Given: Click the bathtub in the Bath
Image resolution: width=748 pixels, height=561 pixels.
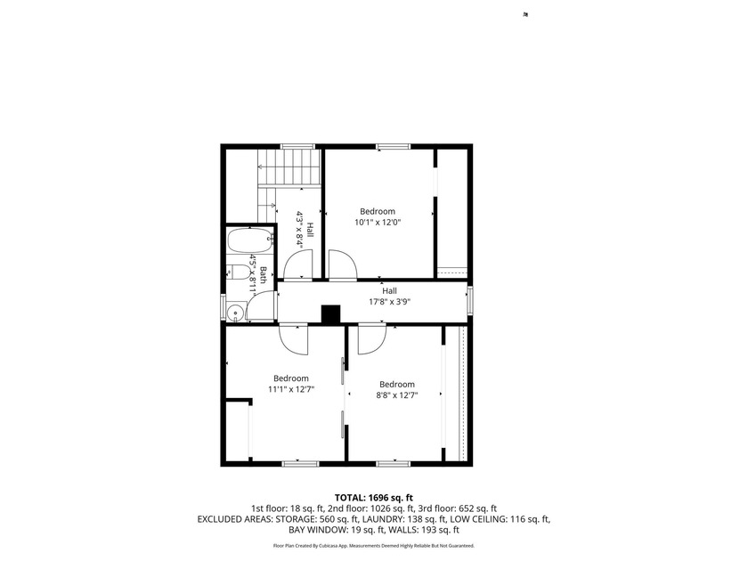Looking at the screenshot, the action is pyautogui.click(x=250, y=240).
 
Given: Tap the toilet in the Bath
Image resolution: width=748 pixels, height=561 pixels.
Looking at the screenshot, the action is pyautogui.click(x=238, y=272).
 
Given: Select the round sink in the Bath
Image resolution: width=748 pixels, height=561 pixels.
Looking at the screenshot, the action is pyautogui.click(x=235, y=313).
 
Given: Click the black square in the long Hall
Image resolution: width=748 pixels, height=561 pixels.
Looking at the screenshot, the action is pyautogui.click(x=330, y=315).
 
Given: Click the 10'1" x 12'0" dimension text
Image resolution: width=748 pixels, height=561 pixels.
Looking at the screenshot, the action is pyautogui.click(x=378, y=223).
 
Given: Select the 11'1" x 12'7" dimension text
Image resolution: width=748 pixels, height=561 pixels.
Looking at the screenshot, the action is pyautogui.click(x=291, y=389).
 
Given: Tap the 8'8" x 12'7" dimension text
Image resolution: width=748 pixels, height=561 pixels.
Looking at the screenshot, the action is pyautogui.click(x=397, y=395).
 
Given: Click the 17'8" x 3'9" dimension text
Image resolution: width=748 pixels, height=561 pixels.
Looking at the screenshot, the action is pyautogui.click(x=390, y=302).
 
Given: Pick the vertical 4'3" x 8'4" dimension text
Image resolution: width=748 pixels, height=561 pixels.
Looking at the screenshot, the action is pyautogui.click(x=300, y=229).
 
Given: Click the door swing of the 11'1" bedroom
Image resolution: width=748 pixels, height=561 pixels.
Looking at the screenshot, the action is pyautogui.click(x=294, y=339).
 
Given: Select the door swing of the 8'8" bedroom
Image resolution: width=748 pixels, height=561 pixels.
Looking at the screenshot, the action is pyautogui.click(x=371, y=339).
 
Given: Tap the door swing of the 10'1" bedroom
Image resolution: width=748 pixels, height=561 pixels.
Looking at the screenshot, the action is pyautogui.click(x=342, y=264).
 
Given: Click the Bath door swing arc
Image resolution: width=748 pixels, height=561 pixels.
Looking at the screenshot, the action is pyautogui.click(x=260, y=305).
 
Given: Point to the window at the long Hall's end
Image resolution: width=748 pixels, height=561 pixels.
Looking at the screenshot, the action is pyautogui.click(x=470, y=301).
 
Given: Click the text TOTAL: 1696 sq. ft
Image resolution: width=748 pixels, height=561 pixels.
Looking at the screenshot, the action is pyautogui.click(x=373, y=499).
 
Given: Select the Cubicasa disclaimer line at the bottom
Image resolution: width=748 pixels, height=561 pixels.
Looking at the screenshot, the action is pyautogui.click(x=373, y=546).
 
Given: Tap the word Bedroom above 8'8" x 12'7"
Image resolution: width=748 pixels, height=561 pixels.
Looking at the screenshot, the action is pyautogui.click(x=397, y=385).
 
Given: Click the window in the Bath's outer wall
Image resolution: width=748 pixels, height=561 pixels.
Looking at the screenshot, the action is pyautogui.click(x=223, y=306).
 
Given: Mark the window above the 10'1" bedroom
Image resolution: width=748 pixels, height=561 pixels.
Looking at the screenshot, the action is pyautogui.click(x=393, y=146).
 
